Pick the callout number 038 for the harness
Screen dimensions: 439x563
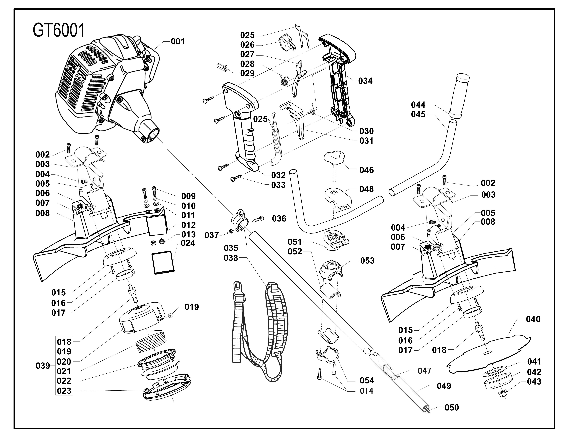(231, 258)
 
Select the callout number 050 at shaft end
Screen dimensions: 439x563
(452, 408)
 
